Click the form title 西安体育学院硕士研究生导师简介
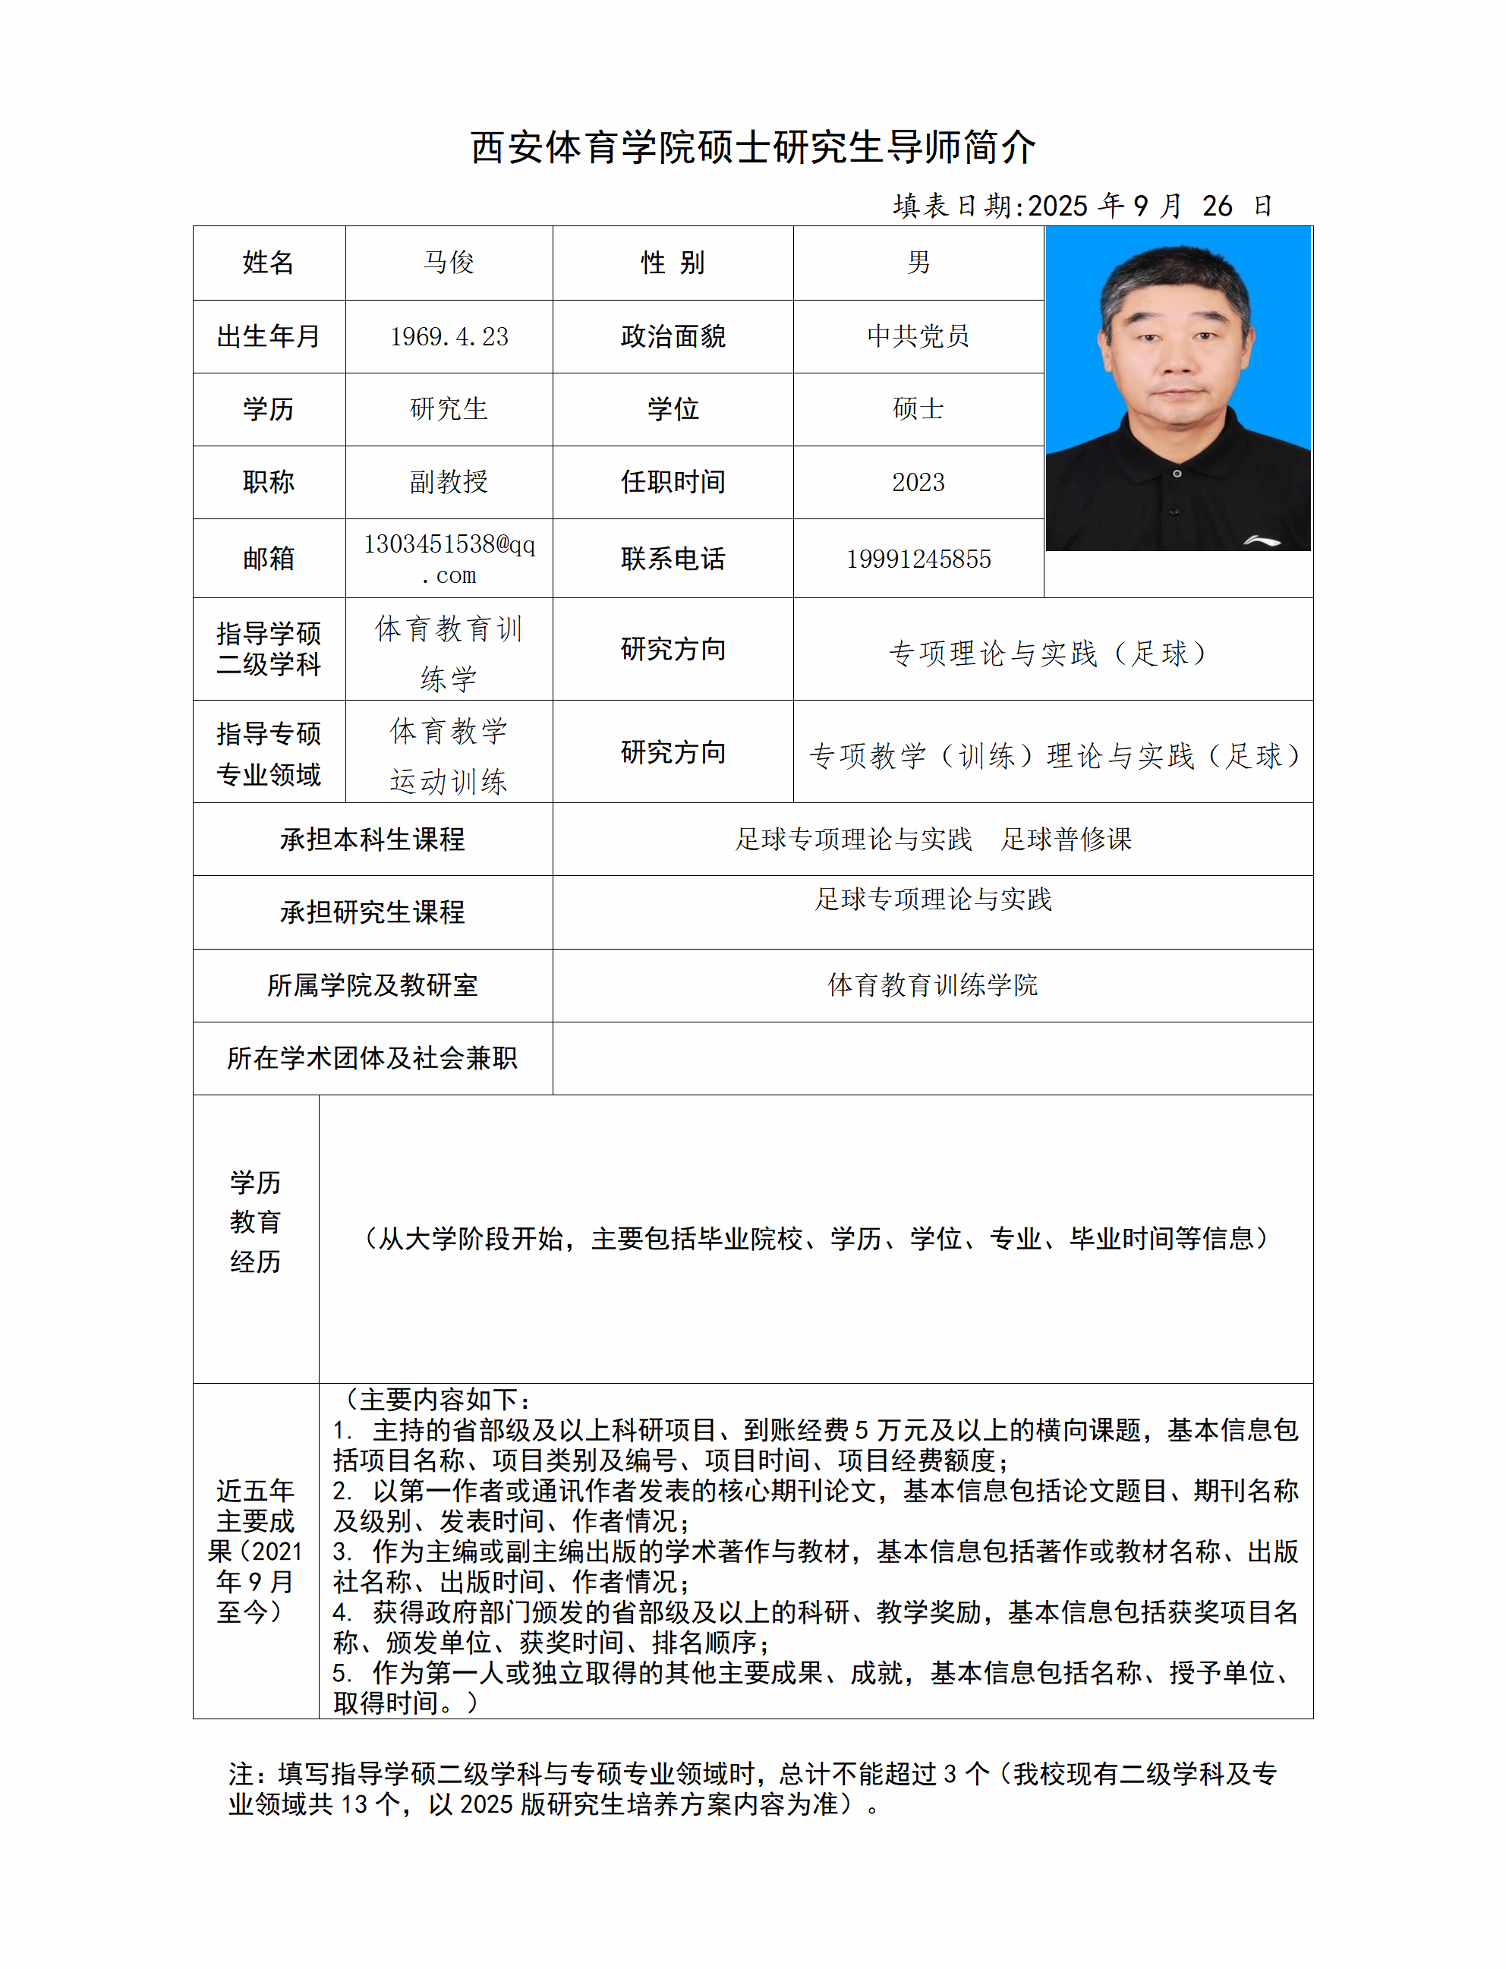click(x=753, y=148)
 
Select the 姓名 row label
click(x=268, y=263)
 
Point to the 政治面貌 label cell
click(x=673, y=336)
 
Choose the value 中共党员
click(x=918, y=336)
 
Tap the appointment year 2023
click(x=918, y=482)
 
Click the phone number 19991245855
click(x=918, y=559)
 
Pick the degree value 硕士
click(x=918, y=408)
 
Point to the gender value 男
click(x=918, y=263)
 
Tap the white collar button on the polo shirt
click(x=1177, y=473)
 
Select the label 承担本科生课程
click(x=372, y=839)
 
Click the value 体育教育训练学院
click(x=932, y=985)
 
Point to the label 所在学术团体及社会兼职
click(x=372, y=1058)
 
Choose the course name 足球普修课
click(x=1066, y=839)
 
